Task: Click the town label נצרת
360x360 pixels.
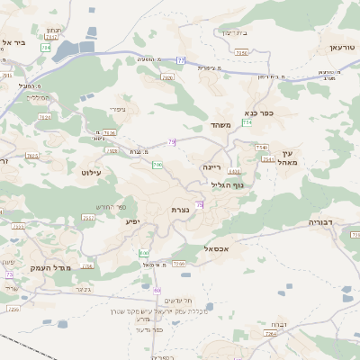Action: (x=180, y=210)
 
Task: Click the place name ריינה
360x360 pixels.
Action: (x=211, y=167)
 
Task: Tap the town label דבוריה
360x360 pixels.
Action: (x=320, y=220)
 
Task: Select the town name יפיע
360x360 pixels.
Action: (x=131, y=220)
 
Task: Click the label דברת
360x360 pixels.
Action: (x=278, y=324)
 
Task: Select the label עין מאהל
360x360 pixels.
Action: (x=287, y=158)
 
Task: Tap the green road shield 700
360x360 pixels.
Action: (x=157, y=165)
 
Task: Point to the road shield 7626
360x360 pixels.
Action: (x=110, y=132)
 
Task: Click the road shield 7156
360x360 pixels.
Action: (x=241, y=53)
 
